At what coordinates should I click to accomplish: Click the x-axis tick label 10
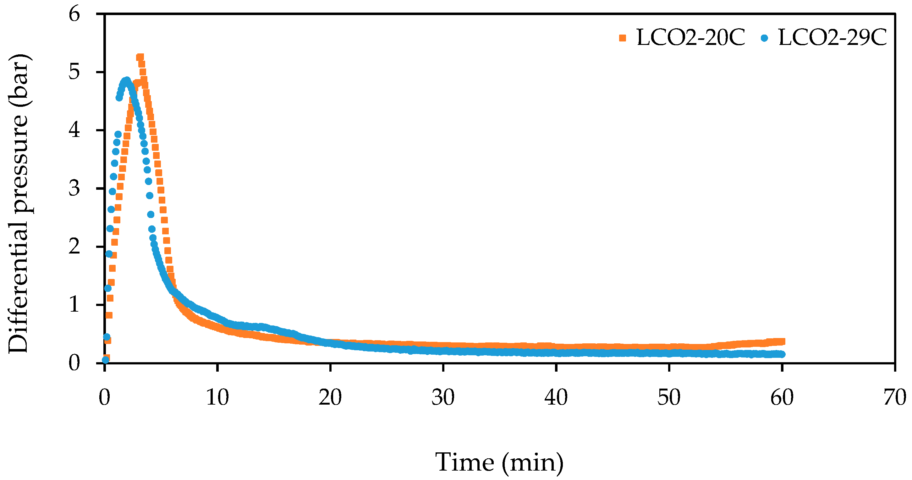217,397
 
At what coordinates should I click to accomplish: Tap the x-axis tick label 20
330,397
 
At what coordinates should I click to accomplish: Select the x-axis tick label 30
443,397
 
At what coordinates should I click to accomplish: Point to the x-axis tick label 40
556,397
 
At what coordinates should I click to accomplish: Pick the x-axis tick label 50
669,397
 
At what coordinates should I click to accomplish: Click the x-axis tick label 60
782,397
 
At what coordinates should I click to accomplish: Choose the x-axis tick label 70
895,397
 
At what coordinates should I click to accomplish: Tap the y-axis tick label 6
74,15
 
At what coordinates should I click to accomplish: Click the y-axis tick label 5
74,73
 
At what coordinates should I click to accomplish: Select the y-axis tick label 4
74,131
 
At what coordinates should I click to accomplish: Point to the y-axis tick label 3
74,189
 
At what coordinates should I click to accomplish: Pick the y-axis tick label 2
74,247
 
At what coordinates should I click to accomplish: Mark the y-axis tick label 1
74,305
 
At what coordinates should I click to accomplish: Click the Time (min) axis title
499,462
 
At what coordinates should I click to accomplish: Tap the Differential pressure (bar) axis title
19,204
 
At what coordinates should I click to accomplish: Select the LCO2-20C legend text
691,37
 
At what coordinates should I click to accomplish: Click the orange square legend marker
622,38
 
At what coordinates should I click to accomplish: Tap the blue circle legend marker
764,38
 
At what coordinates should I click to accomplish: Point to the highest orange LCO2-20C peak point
140,57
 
